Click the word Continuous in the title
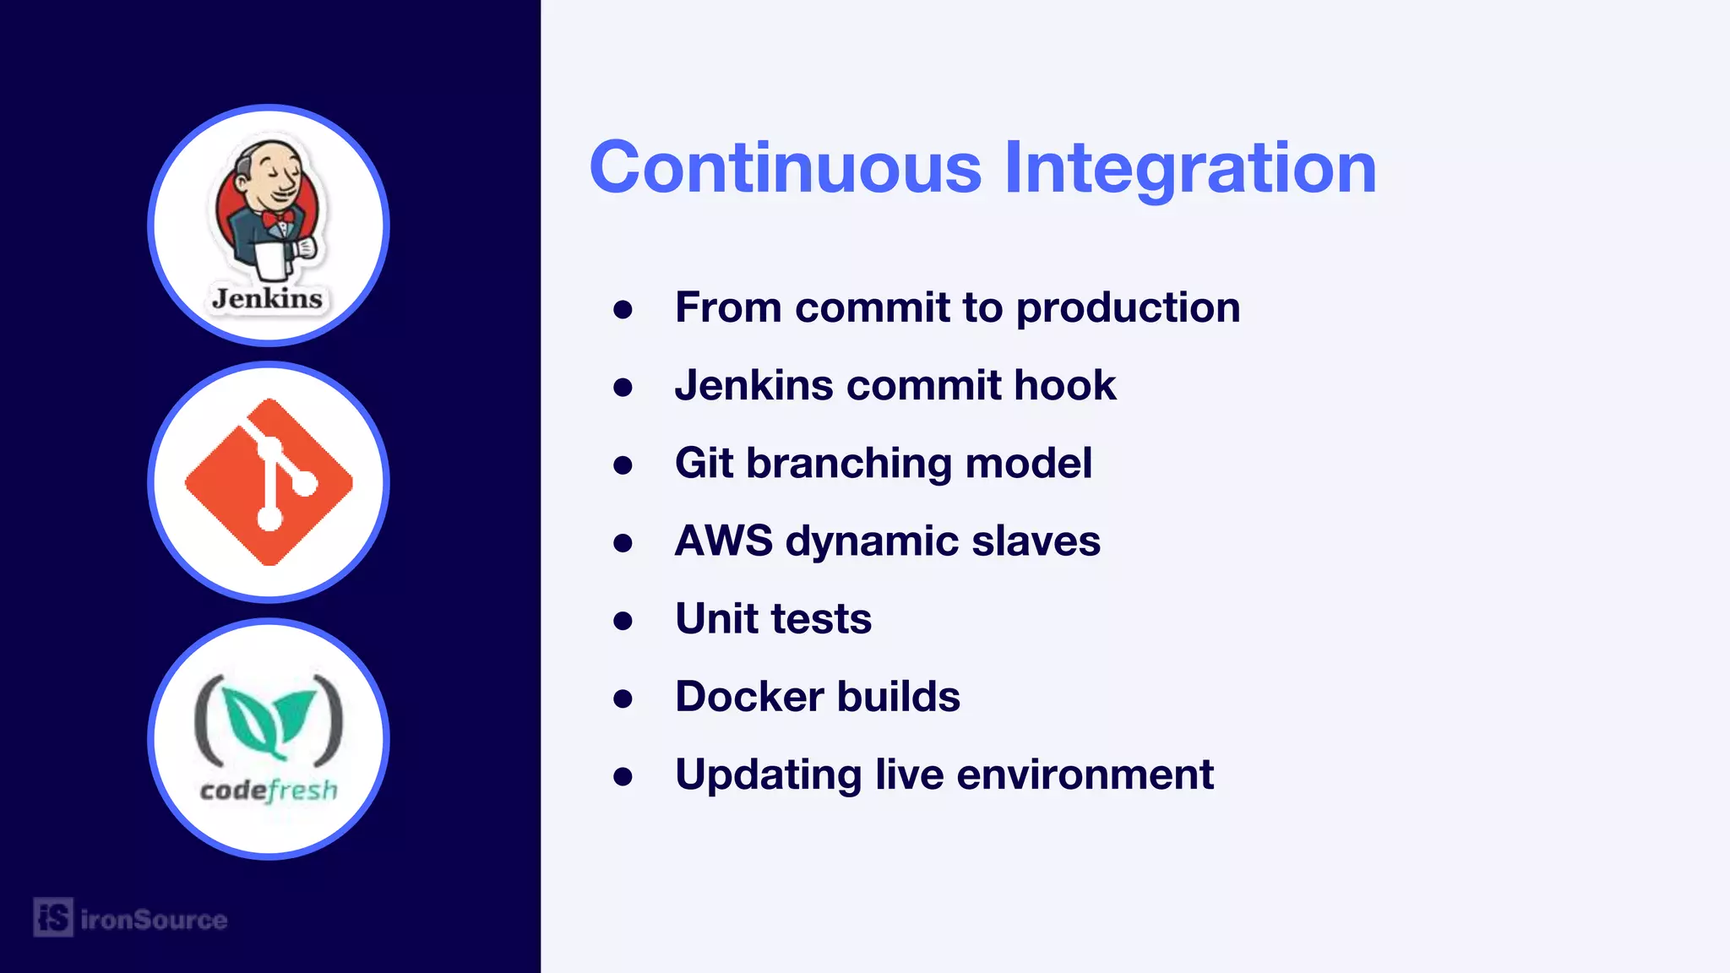click(x=786, y=167)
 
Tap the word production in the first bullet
click(x=1128, y=308)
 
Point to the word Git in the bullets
click(x=704, y=463)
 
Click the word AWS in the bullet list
click(x=723, y=541)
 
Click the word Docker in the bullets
click(x=749, y=697)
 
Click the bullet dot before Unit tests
click(x=623, y=622)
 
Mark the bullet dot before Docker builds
click(x=623, y=699)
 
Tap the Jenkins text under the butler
click(x=267, y=298)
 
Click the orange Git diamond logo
click(x=269, y=481)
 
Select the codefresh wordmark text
click(x=269, y=790)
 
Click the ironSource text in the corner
click(x=154, y=919)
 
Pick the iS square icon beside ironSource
click(x=53, y=917)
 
